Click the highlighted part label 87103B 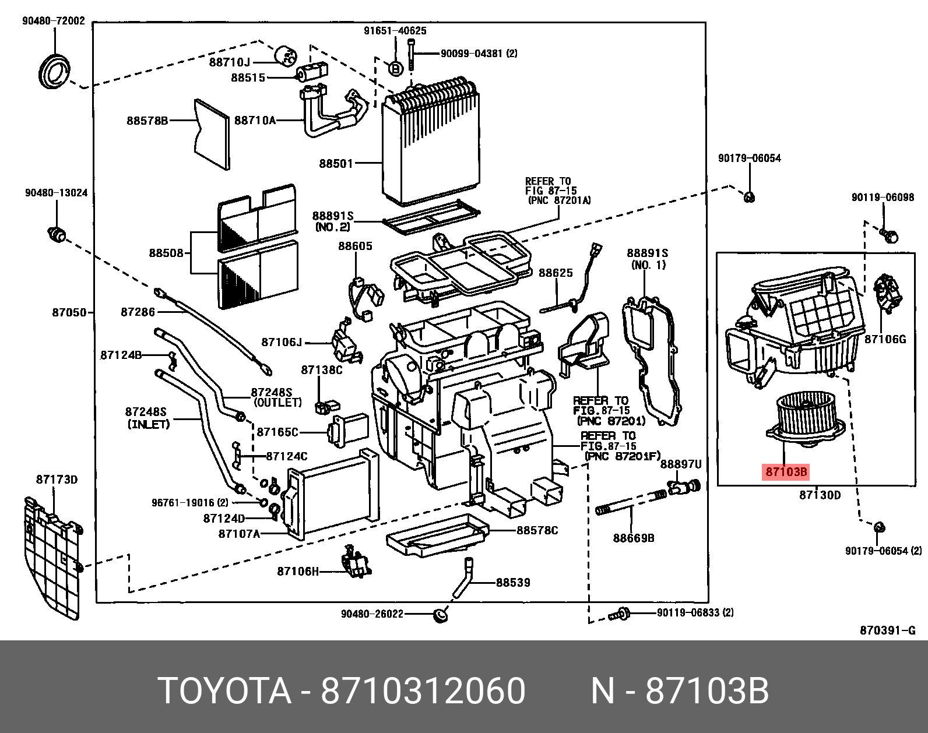coord(786,472)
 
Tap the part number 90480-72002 coord(54,21)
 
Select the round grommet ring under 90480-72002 coord(54,72)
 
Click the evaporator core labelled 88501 coord(431,146)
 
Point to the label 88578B coord(147,121)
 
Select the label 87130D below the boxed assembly coord(820,495)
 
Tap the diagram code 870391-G coord(887,630)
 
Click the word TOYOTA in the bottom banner coord(224,691)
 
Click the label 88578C coord(537,530)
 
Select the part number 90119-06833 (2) coord(695,612)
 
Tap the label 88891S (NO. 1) coord(647,259)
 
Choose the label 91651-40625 coord(395,31)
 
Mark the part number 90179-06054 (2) coord(883,551)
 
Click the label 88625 coord(556,273)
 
